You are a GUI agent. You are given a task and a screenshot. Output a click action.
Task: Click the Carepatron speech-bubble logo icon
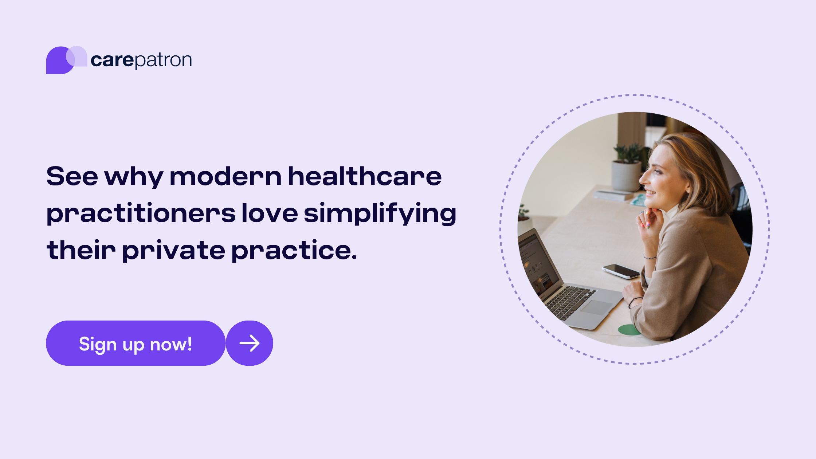[66, 60]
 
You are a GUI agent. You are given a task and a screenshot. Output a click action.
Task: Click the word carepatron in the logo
[141, 60]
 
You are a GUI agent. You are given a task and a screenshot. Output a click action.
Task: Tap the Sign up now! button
[136, 344]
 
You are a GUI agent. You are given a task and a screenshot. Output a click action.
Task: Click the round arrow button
[250, 344]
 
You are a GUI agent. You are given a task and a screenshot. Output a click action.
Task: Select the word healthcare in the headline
[365, 176]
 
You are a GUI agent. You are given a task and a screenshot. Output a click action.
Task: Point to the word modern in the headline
[225, 176]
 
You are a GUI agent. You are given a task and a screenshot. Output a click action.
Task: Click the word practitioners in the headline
[141, 214]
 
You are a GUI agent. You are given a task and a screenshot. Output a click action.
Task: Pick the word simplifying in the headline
[380, 214]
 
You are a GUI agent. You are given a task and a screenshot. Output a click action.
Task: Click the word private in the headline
[173, 251]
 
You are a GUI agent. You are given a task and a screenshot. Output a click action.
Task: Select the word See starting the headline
[72, 176]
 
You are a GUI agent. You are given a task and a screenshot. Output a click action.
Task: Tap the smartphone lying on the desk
[621, 271]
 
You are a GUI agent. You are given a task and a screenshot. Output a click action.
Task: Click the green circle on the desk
[629, 330]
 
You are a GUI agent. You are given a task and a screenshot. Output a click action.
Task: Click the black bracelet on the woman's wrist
[635, 301]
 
